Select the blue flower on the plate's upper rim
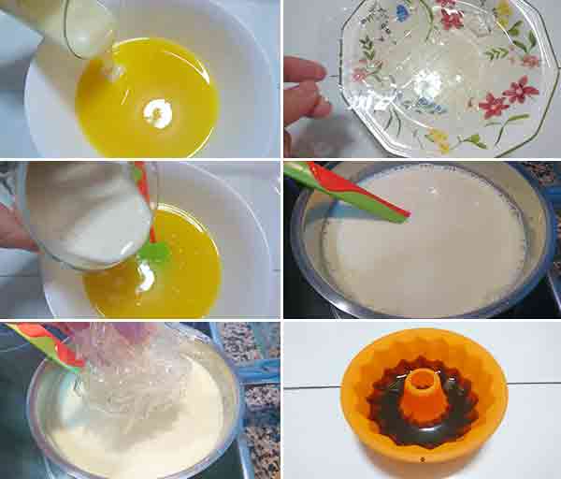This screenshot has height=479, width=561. coord(403,13)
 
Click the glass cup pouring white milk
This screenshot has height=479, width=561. coord(84,215)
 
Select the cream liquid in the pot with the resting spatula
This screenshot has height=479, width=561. coord(421,253)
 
